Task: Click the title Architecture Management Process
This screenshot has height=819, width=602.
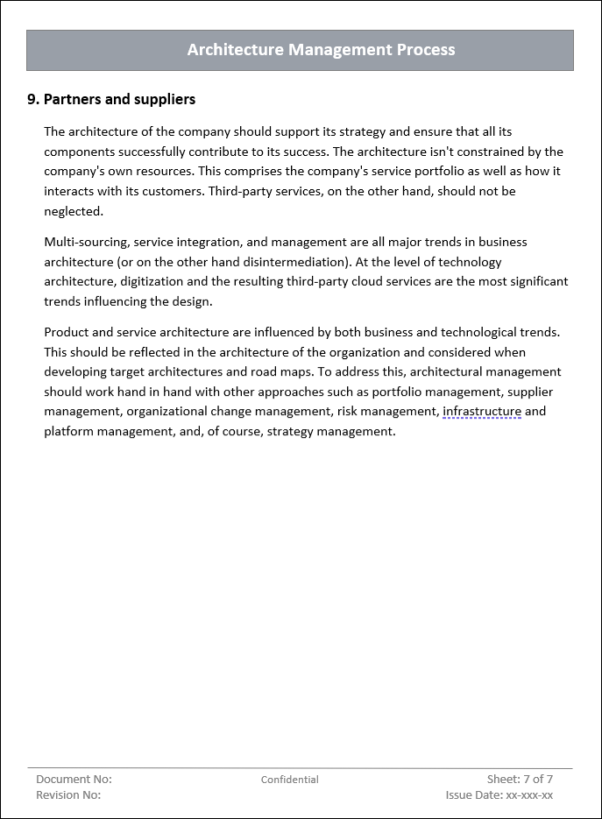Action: pyautogui.click(x=321, y=50)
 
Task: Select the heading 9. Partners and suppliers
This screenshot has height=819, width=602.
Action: pyautogui.click(x=111, y=100)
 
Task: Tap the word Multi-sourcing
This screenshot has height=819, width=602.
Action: pyautogui.click(x=85, y=242)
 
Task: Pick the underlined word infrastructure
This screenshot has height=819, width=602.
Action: pyautogui.click(x=482, y=411)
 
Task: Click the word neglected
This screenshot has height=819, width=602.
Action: pyautogui.click(x=74, y=211)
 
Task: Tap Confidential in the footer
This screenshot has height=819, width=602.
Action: pyautogui.click(x=290, y=780)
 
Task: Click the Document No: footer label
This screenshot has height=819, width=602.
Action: pyautogui.click(x=74, y=779)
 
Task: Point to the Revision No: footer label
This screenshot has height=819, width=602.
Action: pyautogui.click(x=68, y=795)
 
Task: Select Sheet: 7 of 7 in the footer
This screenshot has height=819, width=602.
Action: pyautogui.click(x=520, y=779)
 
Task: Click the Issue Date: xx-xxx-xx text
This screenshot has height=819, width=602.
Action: pyautogui.click(x=499, y=795)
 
